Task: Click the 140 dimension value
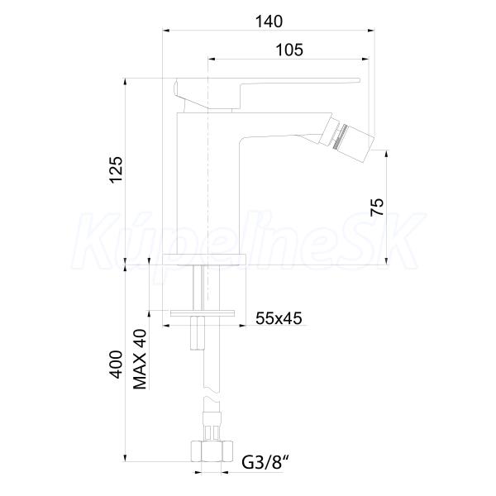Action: [x=269, y=21]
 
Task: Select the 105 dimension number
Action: [x=290, y=50]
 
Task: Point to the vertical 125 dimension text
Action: [x=116, y=169]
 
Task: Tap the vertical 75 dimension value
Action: [x=377, y=207]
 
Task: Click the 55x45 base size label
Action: [x=279, y=318]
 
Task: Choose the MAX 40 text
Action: [x=140, y=359]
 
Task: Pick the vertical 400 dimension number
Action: [x=116, y=364]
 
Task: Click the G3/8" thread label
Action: [x=265, y=462]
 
